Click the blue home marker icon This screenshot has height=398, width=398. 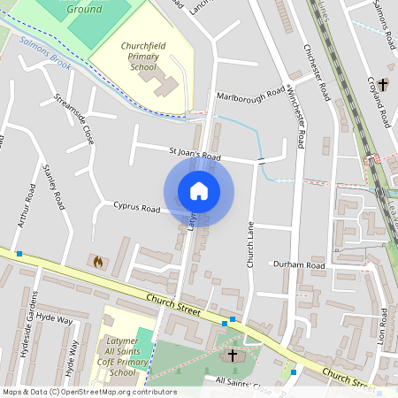199,190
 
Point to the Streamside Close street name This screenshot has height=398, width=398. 74,119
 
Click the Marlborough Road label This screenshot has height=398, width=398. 251,93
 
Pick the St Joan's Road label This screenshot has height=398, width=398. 195,154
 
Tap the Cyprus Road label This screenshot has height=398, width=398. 137,209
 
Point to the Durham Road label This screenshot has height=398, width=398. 298,264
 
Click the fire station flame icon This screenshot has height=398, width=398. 97,262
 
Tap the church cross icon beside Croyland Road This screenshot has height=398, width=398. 383,85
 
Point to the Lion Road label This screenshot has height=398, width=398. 382,326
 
